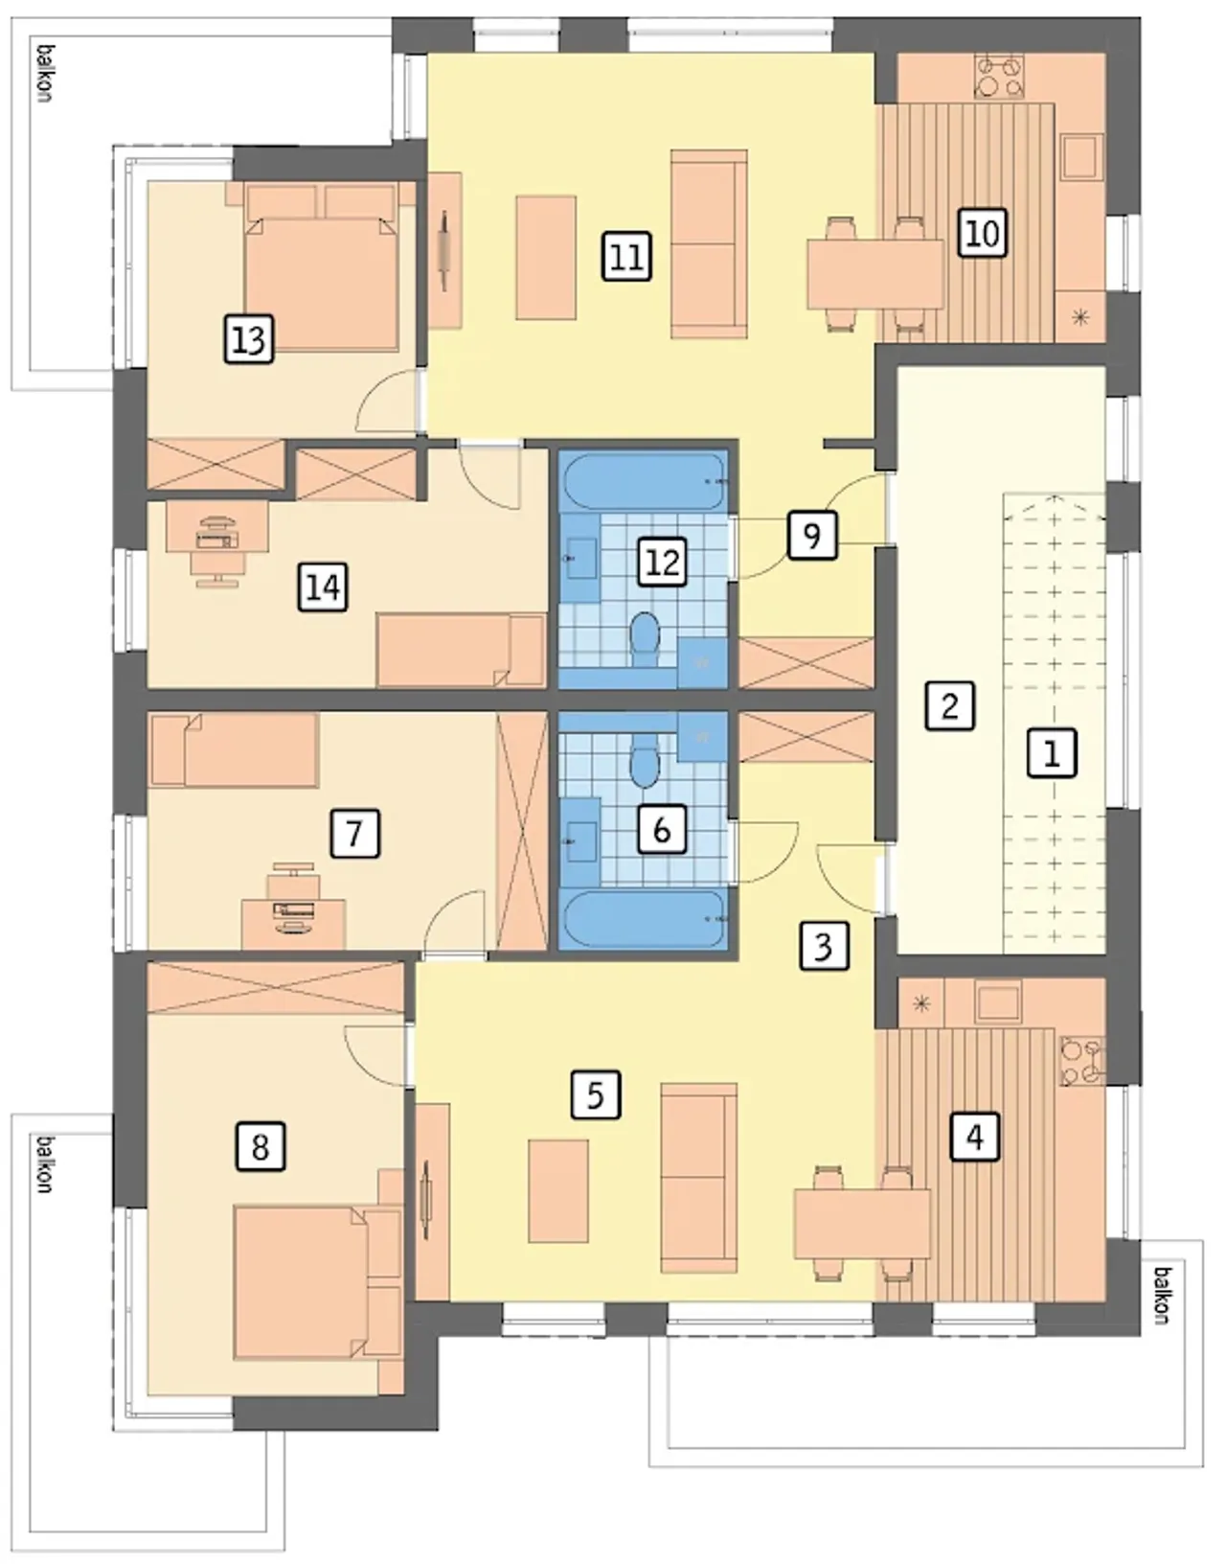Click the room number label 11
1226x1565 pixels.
(626, 256)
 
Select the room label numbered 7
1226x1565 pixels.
(354, 833)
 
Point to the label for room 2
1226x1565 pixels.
(950, 705)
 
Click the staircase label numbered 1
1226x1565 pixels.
(1052, 753)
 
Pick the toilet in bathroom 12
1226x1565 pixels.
(646, 637)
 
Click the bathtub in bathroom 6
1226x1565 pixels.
(645, 920)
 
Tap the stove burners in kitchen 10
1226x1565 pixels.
(999, 77)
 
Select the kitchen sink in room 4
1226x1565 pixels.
(998, 1001)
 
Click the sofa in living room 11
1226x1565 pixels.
(710, 244)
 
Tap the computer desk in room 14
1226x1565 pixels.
(217, 526)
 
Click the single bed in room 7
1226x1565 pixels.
(235, 749)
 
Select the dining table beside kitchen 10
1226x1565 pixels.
(875, 274)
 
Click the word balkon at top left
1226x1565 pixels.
(45, 74)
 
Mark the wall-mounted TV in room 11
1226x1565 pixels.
(444, 251)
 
